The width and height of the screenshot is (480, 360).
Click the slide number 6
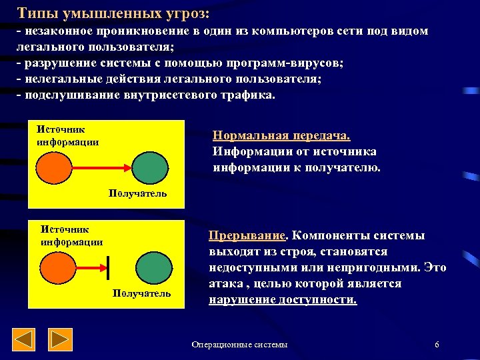436,345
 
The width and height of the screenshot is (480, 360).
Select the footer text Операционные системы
239,345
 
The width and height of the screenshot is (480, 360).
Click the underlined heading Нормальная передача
281,136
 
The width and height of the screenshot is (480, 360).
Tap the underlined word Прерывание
247,235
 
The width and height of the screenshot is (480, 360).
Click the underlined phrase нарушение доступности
283,299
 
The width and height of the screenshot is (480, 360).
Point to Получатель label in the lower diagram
141,293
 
